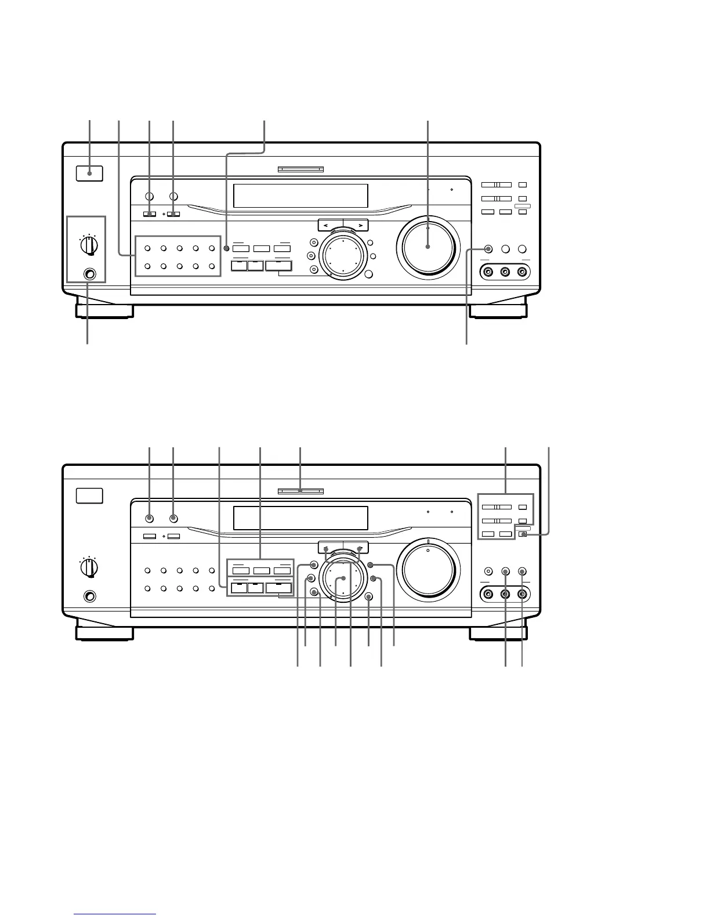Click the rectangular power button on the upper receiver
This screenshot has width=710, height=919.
click(x=89, y=173)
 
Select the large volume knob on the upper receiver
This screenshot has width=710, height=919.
click(x=428, y=247)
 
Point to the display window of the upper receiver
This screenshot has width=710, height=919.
click(x=300, y=196)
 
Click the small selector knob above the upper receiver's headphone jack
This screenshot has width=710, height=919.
click(x=89, y=245)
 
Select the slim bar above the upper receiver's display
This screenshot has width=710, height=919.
click(x=300, y=170)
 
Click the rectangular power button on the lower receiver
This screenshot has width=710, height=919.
click(x=89, y=495)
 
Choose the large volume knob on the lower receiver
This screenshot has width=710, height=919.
click(x=428, y=569)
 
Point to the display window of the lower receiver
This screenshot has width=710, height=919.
click(x=300, y=518)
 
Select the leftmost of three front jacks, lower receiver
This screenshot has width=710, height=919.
click(x=488, y=594)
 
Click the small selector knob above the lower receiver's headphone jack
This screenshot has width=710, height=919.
click(x=89, y=567)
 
